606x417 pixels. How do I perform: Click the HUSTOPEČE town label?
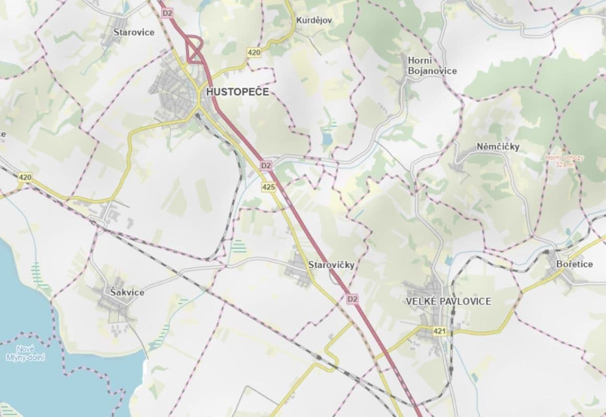(x=237, y=92)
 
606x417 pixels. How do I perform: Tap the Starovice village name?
(x=134, y=32)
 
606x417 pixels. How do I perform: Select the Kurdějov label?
(x=313, y=20)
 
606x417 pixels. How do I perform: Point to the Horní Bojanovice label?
(x=432, y=66)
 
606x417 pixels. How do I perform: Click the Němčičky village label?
(x=498, y=147)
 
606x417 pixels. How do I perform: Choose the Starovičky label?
(x=331, y=265)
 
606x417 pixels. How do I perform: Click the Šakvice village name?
(x=127, y=292)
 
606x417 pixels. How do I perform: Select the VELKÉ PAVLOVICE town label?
(x=449, y=301)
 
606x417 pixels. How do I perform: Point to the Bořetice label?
(x=575, y=264)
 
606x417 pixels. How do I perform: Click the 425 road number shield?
(x=269, y=187)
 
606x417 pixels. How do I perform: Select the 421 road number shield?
(x=440, y=331)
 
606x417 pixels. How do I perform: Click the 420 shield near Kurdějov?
(x=254, y=52)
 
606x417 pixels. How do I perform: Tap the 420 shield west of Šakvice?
(x=25, y=178)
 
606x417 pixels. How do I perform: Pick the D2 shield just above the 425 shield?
(x=266, y=166)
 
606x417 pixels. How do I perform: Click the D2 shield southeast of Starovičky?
(x=353, y=299)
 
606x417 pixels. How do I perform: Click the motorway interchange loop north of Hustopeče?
(x=195, y=50)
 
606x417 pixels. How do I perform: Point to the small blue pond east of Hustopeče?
(x=326, y=139)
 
